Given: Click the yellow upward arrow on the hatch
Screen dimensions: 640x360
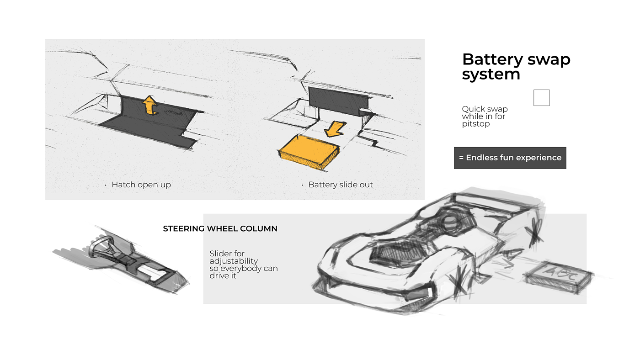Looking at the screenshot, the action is pos(150,106).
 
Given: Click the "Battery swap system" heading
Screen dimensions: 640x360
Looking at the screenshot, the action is pos(516,66).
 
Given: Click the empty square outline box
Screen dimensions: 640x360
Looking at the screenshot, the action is pos(541,98).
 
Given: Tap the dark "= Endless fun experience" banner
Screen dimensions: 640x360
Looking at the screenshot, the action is pos(510,158).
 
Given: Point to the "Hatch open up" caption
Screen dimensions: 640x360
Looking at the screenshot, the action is pos(141,185).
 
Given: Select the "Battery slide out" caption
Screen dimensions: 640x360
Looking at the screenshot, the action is pos(341,185).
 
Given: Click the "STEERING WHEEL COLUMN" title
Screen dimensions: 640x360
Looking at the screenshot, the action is pos(220,228).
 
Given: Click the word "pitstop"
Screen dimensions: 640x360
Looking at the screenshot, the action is pos(476,124).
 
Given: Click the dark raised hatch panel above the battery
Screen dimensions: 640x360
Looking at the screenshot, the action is pos(337,99).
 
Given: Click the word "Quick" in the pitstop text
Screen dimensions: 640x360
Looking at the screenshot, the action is pos(473,109).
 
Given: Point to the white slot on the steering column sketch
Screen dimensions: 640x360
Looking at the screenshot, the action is pos(155,275).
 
